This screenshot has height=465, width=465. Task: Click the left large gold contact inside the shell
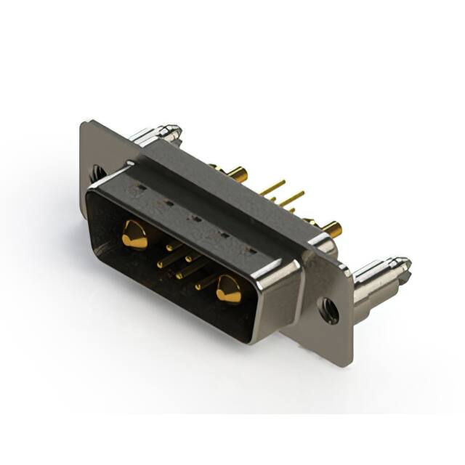coord(134,235)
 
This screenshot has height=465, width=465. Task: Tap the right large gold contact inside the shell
coord(228,289)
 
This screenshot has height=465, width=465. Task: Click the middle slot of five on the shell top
coord(195,217)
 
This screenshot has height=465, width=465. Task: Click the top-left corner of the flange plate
coord(83,123)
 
